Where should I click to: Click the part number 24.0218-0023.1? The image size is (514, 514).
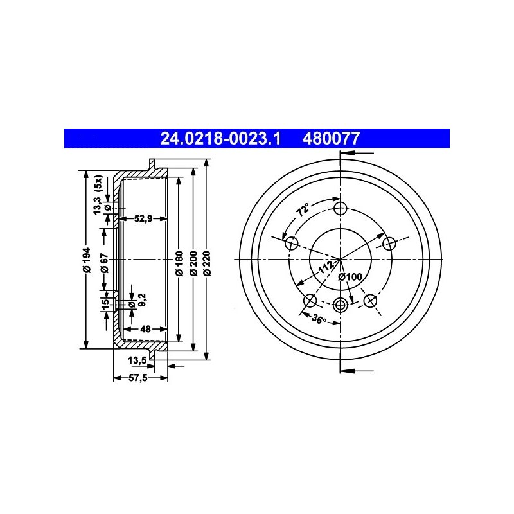click(x=220, y=138)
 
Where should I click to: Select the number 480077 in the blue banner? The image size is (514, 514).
click(x=331, y=138)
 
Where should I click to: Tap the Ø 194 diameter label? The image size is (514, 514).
click(x=87, y=260)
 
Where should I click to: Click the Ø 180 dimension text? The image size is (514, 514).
click(x=180, y=263)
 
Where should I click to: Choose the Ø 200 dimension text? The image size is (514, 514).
click(x=194, y=263)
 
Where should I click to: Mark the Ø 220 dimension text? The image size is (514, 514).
click(x=207, y=263)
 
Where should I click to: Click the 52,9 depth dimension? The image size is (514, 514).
click(x=143, y=218)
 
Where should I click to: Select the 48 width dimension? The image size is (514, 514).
click(x=145, y=328)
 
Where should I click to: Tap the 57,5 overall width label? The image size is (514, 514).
click(x=138, y=378)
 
